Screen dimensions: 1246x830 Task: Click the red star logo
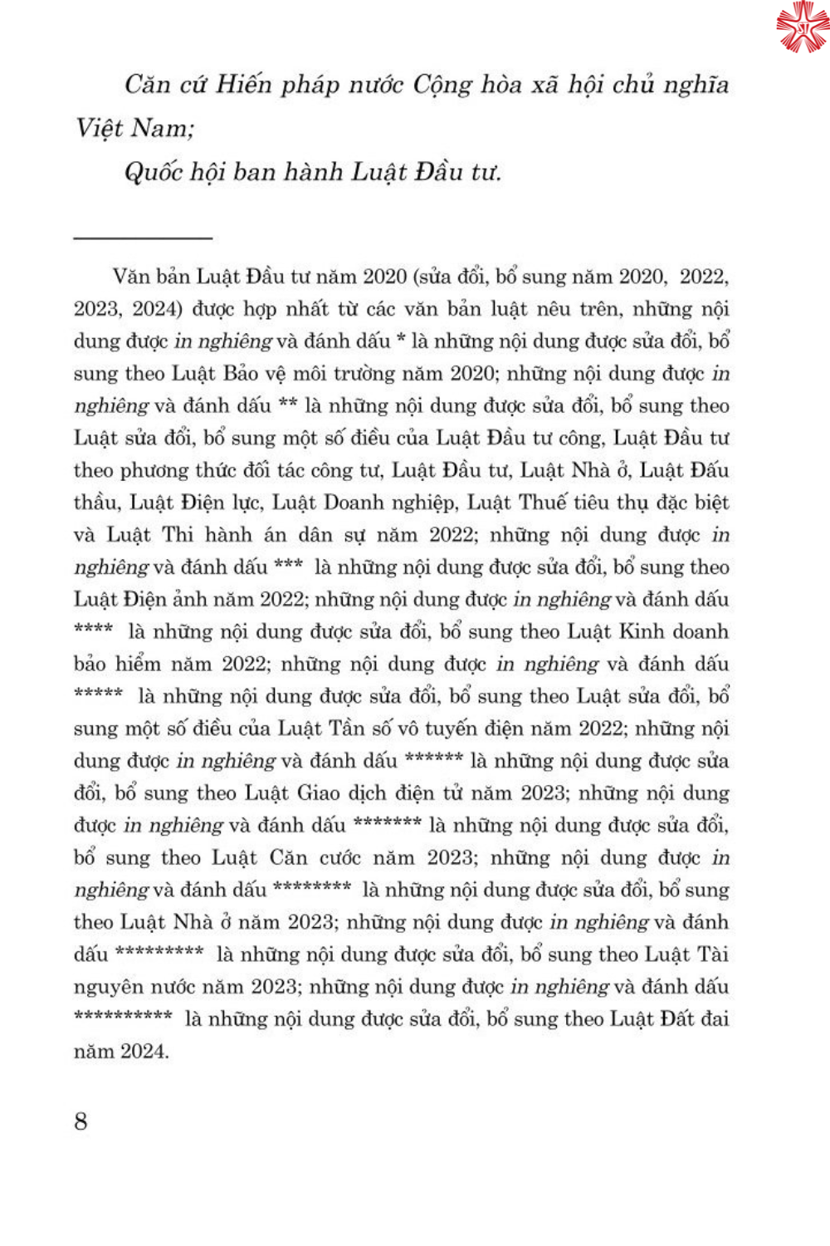coord(803,27)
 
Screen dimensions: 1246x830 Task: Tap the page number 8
coord(81,1121)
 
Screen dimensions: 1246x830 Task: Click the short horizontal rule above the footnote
coord(143,238)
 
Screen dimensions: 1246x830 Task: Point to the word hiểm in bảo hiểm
coord(138,665)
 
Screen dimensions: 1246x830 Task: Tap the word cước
coord(338,858)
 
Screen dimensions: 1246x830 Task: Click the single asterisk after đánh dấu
coord(400,339)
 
